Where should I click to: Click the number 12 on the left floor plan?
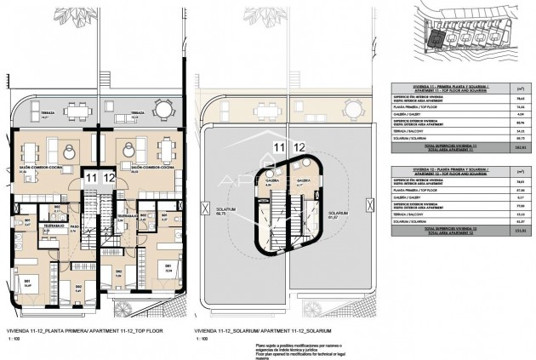(109, 178)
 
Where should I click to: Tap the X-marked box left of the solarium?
(205, 207)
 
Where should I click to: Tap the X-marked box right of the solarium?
(368, 205)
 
